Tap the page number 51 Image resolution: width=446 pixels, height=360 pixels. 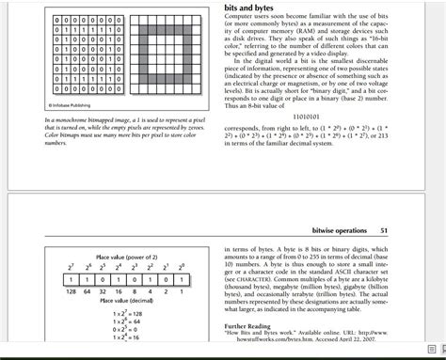click(x=384, y=230)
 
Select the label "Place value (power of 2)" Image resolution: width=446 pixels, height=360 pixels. click(x=127, y=257)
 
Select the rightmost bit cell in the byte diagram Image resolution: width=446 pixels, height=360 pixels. click(x=183, y=279)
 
